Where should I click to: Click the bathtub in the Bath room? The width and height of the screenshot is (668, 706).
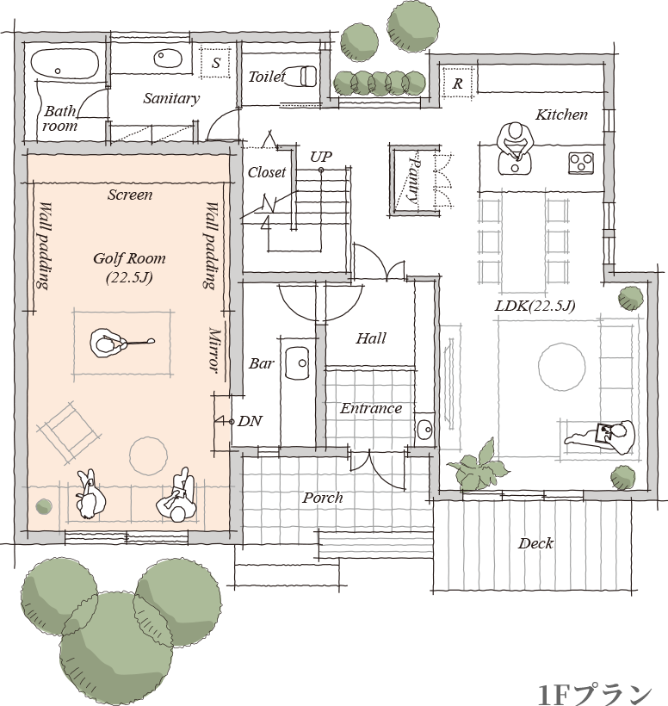pyautogui.click(x=65, y=64)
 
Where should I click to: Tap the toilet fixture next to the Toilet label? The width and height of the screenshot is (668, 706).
pyautogui.click(x=301, y=76)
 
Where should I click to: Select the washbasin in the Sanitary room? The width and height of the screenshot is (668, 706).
pyautogui.click(x=168, y=58)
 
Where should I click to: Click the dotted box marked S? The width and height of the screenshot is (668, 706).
pyautogui.click(x=215, y=62)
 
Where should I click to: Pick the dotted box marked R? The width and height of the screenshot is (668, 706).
pyautogui.click(x=457, y=83)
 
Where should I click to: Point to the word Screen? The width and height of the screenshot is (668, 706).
pyautogui.click(x=130, y=195)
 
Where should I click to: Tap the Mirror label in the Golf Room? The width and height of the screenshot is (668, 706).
pyautogui.click(x=214, y=350)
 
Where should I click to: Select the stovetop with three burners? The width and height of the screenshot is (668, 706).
pyautogui.click(x=581, y=163)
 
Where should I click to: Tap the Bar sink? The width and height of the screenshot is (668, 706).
pyautogui.click(x=297, y=363)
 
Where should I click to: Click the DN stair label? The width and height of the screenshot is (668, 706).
pyautogui.click(x=250, y=421)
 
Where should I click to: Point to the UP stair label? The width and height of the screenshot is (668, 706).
pyautogui.click(x=321, y=157)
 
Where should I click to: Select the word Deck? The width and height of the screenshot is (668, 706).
pyautogui.click(x=535, y=543)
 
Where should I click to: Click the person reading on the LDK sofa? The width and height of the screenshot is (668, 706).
pyautogui.click(x=603, y=437)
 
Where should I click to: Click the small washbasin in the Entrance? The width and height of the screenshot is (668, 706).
pyautogui.click(x=424, y=430)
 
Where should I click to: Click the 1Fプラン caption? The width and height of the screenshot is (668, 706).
pyautogui.click(x=595, y=694)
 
